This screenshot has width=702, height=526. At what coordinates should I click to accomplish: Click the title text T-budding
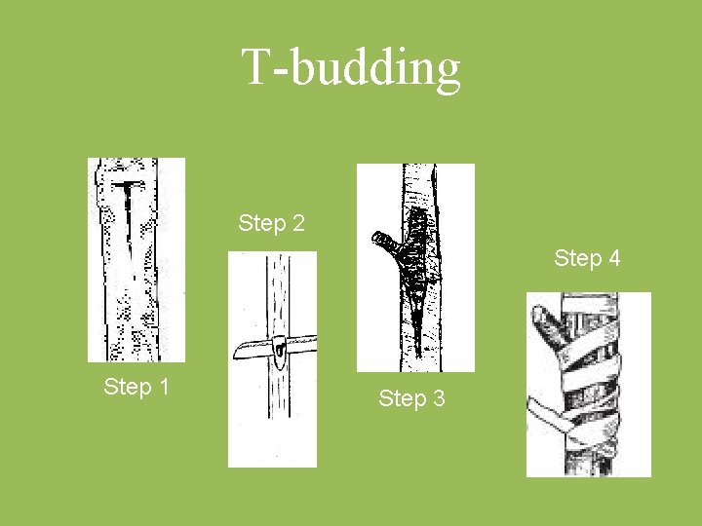(x=351, y=67)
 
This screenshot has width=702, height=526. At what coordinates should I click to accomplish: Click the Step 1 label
(x=136, y=387)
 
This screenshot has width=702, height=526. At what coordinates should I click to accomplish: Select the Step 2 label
(x=271, y=223)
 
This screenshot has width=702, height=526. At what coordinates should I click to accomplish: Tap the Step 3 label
(x=411, y=397)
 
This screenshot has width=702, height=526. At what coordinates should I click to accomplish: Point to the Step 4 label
(x=587, y=258)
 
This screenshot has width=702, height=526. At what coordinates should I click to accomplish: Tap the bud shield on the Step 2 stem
(x=279, y=346)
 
